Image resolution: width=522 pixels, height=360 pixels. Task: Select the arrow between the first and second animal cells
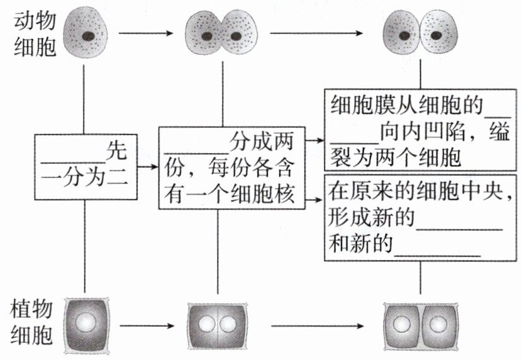point(146,31)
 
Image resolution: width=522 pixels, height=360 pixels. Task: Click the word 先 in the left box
point(117,150)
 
